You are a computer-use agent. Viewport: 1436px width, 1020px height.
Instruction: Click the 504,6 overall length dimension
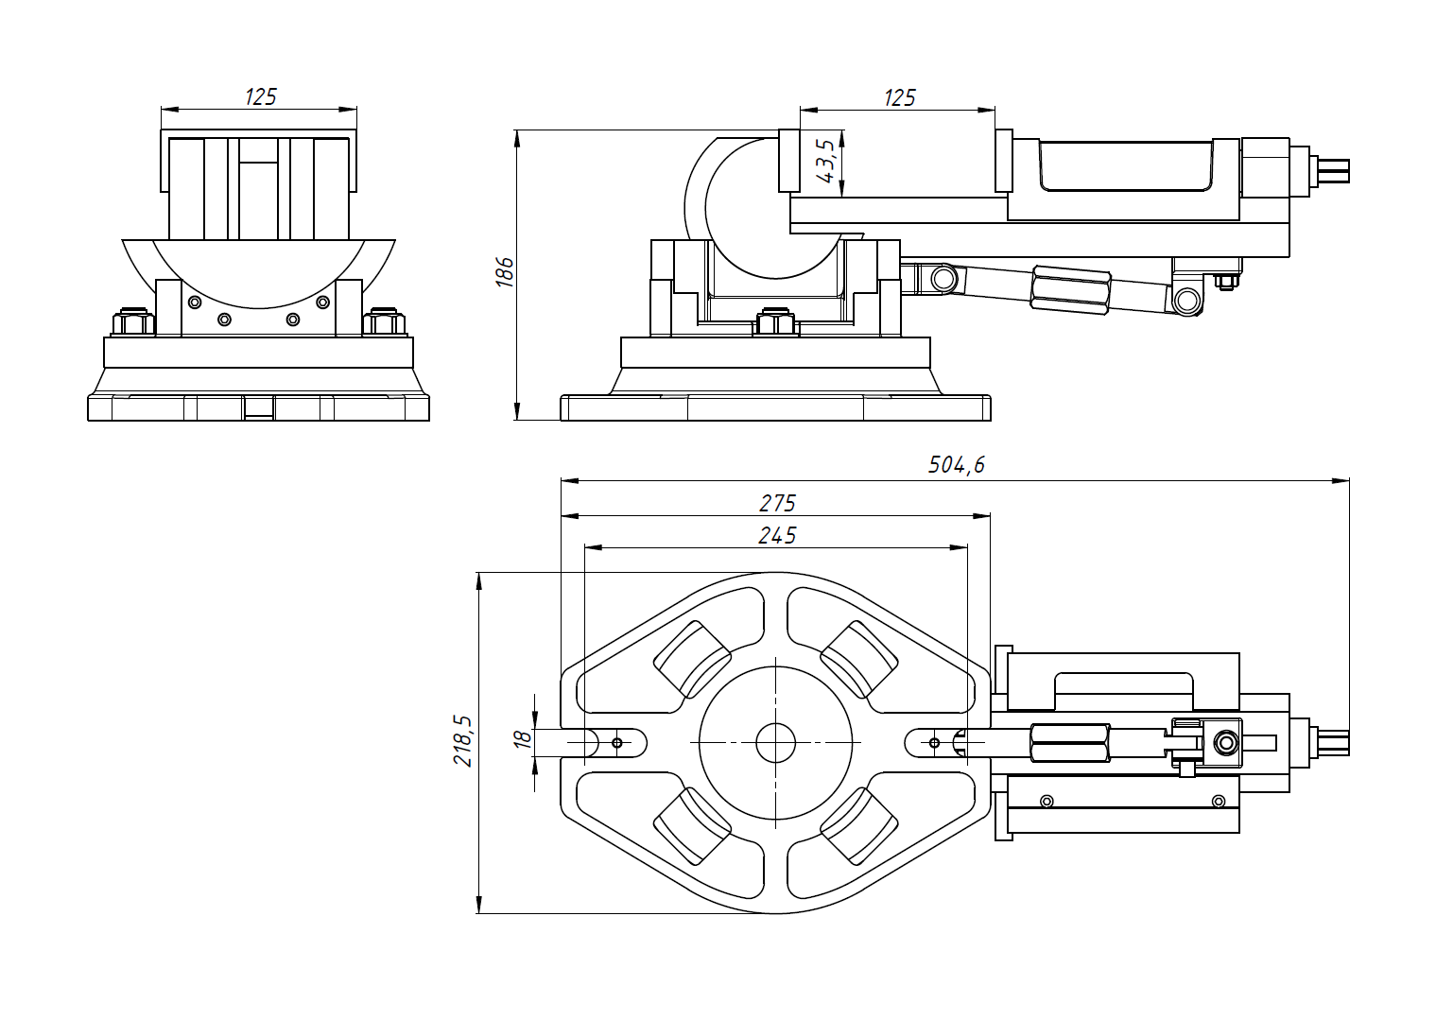click(x=956, y=465)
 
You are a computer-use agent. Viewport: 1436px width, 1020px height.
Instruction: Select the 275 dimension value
click(x=777, y=503)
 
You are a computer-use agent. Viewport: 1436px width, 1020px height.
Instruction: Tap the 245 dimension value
click(x=777, y=536)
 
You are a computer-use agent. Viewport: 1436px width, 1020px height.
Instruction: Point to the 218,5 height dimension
click(x=463, y=740)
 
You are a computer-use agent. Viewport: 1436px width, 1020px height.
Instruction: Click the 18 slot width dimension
click(x=522, y=740)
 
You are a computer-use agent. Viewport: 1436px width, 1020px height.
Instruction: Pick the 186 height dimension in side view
click(x=505, y=271)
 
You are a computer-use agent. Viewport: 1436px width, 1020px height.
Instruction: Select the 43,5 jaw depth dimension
click(x=825, y=161)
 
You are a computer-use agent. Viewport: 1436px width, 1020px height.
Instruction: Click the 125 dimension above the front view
click(x=260, y=96)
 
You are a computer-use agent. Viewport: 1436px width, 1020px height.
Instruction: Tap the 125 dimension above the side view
click(x=899, y=97)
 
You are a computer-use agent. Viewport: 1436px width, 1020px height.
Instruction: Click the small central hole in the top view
click(x=775, y=743)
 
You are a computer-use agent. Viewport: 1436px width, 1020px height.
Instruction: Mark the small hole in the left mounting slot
click(x=617, y=743)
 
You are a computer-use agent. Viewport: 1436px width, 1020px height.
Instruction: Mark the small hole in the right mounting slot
click(x=934, y=743)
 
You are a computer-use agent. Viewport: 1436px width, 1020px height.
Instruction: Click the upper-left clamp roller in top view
click(x=693, y=658)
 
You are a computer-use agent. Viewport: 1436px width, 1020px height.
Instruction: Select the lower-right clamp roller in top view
click(x=858, y=825)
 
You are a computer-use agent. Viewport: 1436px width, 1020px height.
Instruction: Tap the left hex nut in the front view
click(x=133, y=323)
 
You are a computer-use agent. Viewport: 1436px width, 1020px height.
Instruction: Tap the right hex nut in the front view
click(x=383, y=323)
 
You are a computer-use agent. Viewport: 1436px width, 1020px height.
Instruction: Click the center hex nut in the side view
click(x=775, y=322)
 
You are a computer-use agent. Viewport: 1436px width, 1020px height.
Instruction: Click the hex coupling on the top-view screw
click(x=1069, y=743)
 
